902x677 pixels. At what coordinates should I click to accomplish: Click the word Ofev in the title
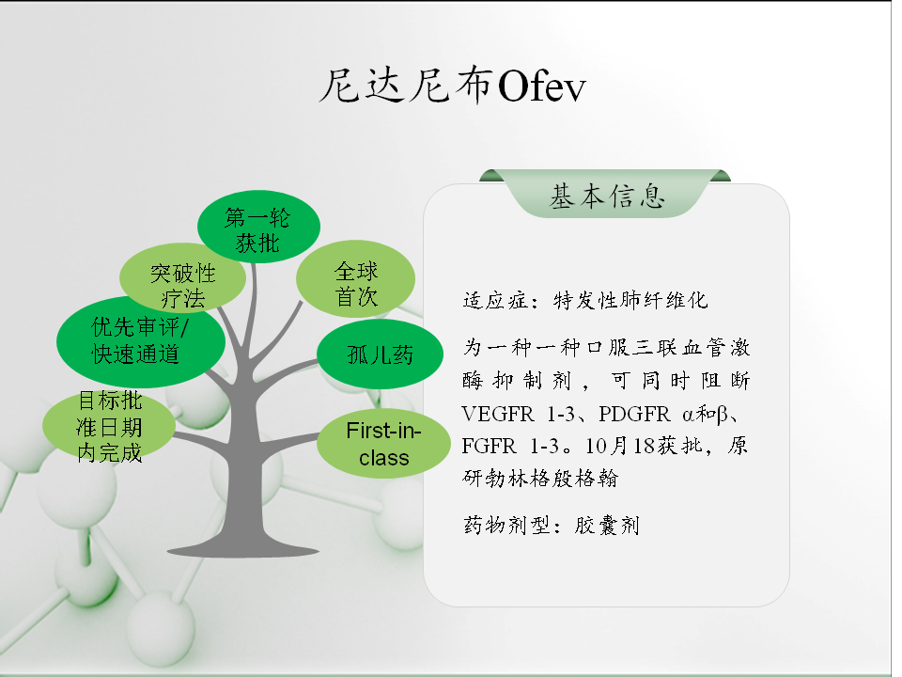point(541,87)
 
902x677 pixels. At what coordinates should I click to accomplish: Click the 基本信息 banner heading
point(607,197)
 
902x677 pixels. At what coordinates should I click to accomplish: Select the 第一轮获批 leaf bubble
point(258,227)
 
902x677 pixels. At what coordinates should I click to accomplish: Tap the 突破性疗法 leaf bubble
point(182,278)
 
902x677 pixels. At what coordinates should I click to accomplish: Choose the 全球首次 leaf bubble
point(355,279)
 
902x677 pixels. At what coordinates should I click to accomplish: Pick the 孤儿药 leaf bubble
point(380,354)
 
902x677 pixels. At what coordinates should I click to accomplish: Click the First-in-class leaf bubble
point(383,444)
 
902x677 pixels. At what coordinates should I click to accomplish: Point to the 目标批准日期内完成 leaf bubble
point(109,426)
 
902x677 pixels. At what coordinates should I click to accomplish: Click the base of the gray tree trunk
point(242,552)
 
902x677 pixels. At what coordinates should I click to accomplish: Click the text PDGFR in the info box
point(634,414)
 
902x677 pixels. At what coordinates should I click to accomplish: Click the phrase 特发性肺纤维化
point(630,301)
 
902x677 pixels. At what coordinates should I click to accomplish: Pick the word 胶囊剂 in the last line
point(606,525)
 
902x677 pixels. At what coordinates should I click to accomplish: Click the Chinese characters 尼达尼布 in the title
point(406,87)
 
